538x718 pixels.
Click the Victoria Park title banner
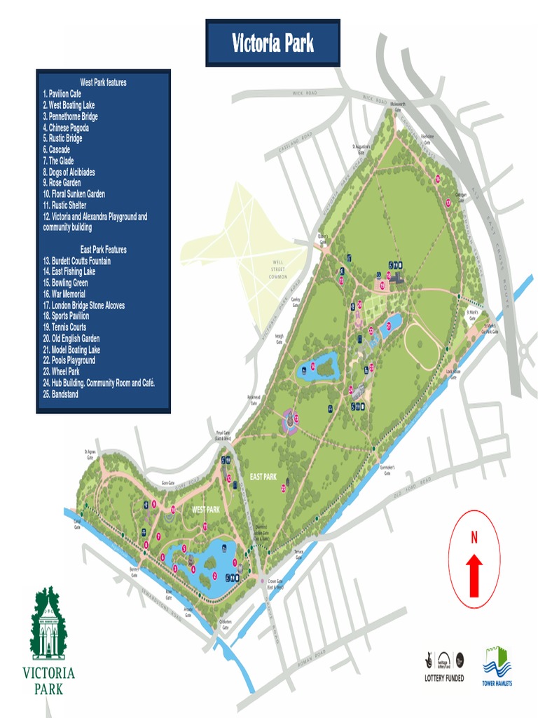tap(273, 43)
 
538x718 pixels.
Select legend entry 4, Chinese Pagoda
tap(66, 128)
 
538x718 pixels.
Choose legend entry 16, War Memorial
tap(64, 294)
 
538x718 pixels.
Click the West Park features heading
tap(103, 83)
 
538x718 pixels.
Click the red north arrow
tap(474, 574)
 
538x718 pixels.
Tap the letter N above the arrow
tap(474, 538)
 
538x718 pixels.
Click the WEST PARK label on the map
tap(207, 510)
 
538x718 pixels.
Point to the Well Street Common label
tap(279, 270)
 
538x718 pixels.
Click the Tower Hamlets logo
tap(496, 666)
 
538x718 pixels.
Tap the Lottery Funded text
tap(444, 678)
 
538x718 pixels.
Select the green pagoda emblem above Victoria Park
tap(48, 625)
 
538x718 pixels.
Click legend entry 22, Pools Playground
tap(69, 360)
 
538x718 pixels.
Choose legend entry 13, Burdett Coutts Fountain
tap(76, 261)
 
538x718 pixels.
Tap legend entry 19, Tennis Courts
tap(64, 327)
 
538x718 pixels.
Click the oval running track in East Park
tap(422, 345)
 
